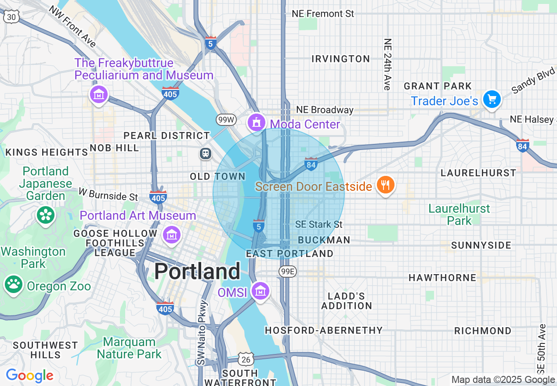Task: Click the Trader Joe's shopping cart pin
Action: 492,99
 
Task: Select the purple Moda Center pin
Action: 257,122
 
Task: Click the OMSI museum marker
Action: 260,291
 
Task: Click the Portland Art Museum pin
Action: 172,235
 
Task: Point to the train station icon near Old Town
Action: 205,154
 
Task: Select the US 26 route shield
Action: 246,359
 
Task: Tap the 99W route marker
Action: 226,120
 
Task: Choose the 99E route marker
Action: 288,272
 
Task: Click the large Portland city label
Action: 197,272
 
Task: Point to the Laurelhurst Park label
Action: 459,214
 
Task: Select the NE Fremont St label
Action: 323,14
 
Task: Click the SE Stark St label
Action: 318,225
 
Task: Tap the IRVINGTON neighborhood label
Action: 340,59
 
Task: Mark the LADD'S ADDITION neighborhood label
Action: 347,301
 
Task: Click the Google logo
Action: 29,375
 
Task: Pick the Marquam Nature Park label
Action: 129,348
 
